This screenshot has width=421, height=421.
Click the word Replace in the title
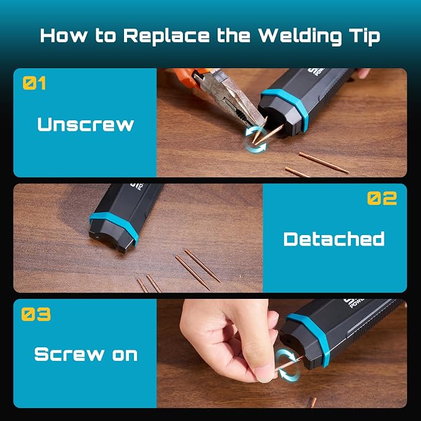[x=166, y=36]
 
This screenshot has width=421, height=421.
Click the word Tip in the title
[x=365, y=36]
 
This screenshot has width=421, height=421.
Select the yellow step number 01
[x=34, y=83]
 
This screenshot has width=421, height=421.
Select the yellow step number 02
[x=382, y=198]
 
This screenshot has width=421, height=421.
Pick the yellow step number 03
[x=36, y=314]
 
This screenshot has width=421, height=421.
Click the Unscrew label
[x=86, y=125]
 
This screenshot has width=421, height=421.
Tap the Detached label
[x=334, y=239]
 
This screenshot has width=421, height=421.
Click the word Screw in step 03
[x=69, y=354]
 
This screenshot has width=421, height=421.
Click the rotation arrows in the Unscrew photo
[x=255, y=140]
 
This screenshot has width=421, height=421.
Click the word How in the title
[x=64, y=36]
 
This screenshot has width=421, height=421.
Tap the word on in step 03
[x=125, y=355]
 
